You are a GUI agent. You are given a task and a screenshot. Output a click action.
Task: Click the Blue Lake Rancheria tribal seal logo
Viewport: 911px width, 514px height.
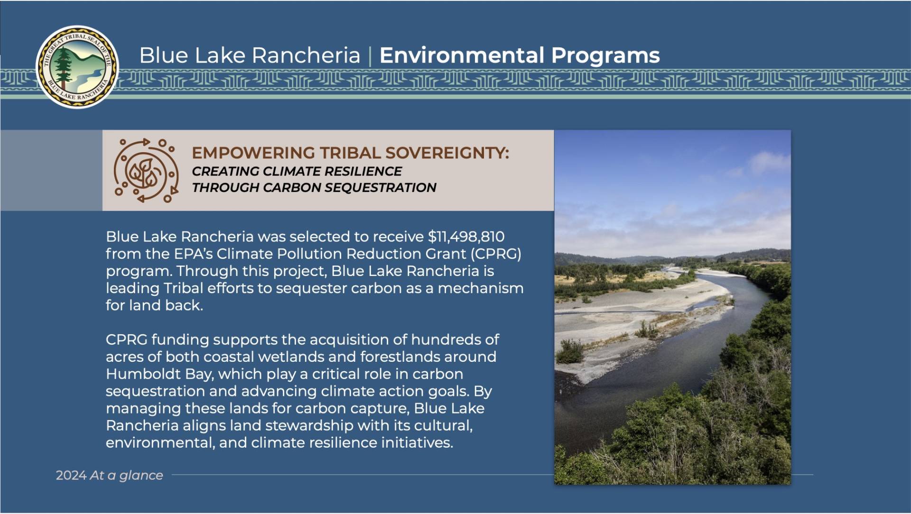pos(77,67)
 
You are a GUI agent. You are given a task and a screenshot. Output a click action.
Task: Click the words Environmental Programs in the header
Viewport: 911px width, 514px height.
pos(520,55)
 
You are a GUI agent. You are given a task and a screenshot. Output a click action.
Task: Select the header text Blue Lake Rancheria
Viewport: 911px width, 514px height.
pos(250,55)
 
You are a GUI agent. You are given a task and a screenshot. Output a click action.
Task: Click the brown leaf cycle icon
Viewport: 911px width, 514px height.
pos(146,171)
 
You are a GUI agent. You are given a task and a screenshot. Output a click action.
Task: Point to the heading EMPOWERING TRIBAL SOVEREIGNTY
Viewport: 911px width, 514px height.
pos(350,153)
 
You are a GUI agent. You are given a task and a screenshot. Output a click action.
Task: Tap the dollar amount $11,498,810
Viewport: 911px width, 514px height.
pos(466,237)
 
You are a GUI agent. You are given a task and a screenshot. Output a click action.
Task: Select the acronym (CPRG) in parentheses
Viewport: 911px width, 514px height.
pos(496,254)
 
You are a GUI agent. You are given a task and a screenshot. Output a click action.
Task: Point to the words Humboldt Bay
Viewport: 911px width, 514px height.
pos(160,375)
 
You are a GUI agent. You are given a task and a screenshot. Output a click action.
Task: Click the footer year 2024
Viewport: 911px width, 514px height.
pos(71,476)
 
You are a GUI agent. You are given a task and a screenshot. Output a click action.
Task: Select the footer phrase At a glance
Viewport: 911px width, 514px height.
pos(126,476)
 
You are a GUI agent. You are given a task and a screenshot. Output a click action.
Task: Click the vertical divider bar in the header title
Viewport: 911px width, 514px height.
pos(370,56)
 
